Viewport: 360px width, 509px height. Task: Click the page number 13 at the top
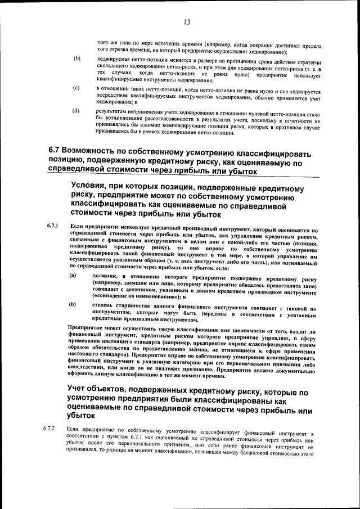pyautogui.click(x=186, y=22)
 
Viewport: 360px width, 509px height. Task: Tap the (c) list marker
pyautogui.click(x=76, y=89)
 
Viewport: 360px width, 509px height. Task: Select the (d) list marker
pyautogui.click(x=76, y=111)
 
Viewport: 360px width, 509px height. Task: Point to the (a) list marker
pyautogui.click(x=73, y=275)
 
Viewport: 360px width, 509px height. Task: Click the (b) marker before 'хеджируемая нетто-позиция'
pyautogui.click(x=76, y=58)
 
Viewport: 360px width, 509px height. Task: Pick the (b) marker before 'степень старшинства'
pyautogui.click(x=73, y=304)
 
